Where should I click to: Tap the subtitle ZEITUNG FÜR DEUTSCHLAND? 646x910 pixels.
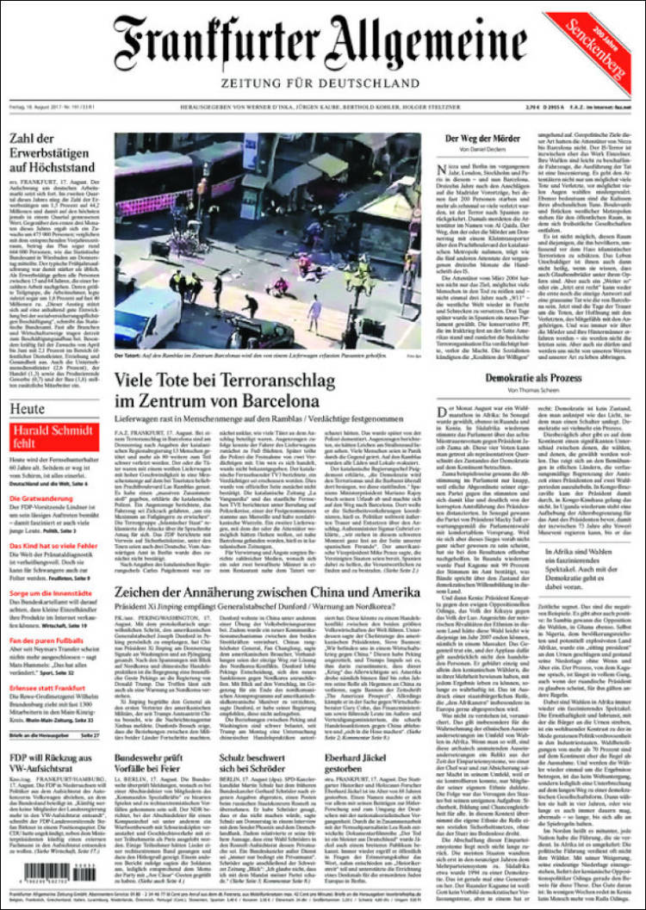coord(319,83)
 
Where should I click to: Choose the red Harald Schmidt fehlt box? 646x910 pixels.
coord(43,436)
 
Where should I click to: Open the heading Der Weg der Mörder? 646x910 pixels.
coord(480,138)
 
